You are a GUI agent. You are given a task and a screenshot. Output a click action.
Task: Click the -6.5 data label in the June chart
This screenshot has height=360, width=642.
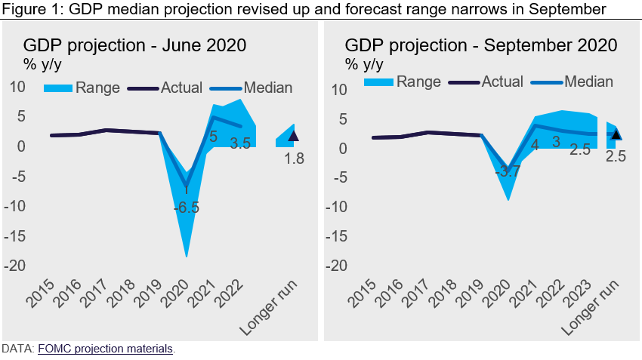(186, 208)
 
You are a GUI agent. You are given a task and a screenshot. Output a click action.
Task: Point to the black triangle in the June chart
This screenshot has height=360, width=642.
(294, 136)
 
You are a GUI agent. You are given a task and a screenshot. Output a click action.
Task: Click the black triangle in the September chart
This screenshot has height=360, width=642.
(616, 135)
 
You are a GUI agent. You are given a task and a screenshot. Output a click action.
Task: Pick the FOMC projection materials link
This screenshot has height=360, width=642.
(106, 349)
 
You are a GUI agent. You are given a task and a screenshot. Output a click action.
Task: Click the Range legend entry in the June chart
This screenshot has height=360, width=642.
(97, 88)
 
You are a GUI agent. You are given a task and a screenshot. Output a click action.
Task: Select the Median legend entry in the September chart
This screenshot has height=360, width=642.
(588, 81)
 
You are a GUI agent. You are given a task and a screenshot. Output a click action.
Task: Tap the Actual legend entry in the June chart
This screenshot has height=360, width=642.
(181, 88)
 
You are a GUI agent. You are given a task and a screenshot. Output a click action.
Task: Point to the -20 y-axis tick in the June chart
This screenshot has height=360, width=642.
(17, 266)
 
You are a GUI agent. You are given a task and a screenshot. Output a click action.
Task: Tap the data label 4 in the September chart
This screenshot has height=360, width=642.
(534, 144)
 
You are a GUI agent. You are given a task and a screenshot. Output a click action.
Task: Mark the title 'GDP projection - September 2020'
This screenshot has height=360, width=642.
(481, 45)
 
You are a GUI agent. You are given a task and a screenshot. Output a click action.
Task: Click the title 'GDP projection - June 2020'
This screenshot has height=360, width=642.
(134, 45)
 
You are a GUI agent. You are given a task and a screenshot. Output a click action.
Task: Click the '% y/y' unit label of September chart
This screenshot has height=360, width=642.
(362, 63)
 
